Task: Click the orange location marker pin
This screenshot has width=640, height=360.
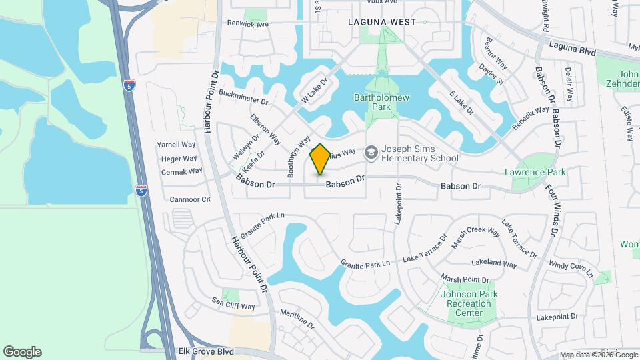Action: pyautogui.click(x=320, y=159)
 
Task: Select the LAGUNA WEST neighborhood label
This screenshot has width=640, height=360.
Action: pyautogui.click(x=382, y=22)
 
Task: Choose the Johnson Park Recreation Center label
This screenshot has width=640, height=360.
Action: pyautogui.click(x=469, y=303)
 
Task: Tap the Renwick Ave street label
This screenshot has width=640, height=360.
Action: pyautogui.click(x=247, y=24)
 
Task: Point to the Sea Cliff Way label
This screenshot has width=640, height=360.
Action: pyautogui.click(x=233, y=307)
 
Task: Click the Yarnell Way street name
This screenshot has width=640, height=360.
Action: pyautogui.click(x=176, y=144)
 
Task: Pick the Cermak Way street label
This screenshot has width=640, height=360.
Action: pyautogui.click(x=181, y=171)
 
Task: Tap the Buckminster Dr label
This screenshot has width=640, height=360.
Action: pyautogui.click(x=242, y=98)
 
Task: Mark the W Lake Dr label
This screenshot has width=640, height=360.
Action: pyautogui.click(x=317, y=89)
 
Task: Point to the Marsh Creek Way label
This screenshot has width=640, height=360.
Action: pyautogui.click(x=475, y=237)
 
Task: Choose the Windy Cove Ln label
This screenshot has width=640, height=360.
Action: pyautogui.click(x=570, y=267)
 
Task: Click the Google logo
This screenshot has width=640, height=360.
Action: pyautogui.click(x=22, y=351)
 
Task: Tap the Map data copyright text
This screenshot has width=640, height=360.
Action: pyautogui.click(x=598, y=355)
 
